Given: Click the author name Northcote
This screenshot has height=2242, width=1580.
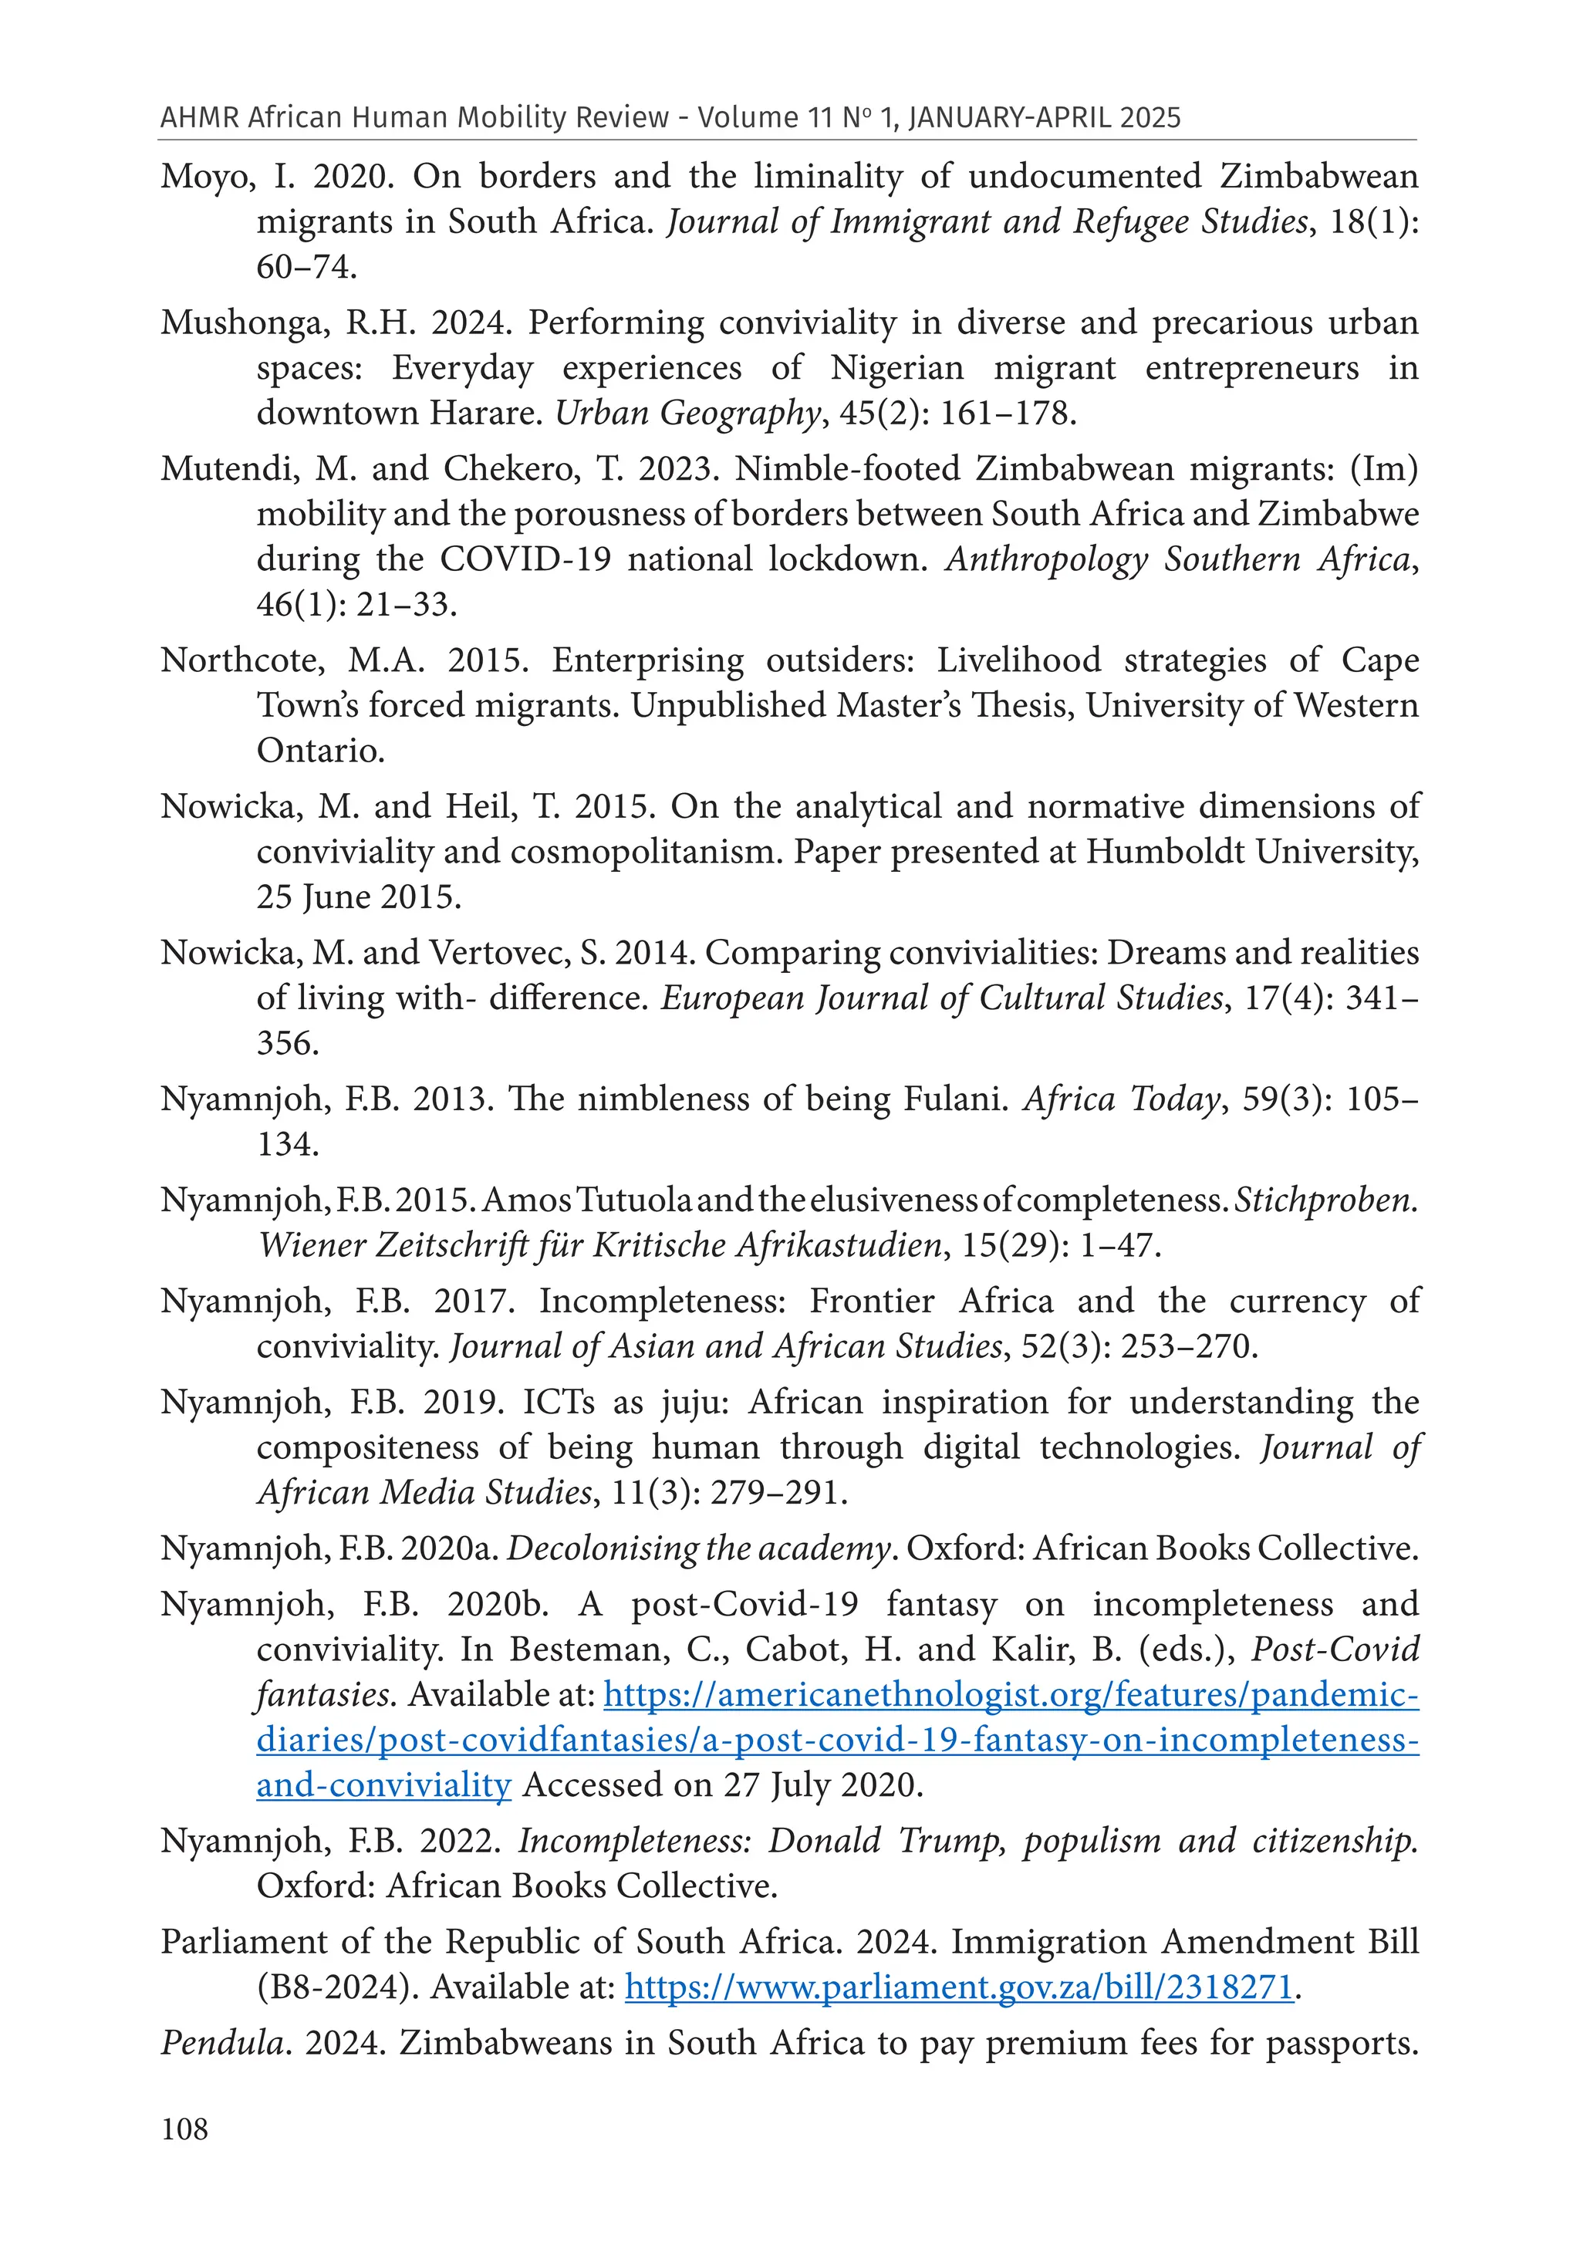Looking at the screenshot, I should pyautogui.click(x=243, y=661).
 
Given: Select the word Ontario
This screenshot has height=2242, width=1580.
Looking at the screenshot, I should pyautogui.click(x=319, y=751).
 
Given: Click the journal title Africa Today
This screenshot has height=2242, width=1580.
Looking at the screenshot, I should pyautogui.click(x=1121, y=1099).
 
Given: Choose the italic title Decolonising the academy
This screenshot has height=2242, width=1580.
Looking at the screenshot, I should pyautogui.click(x=699, y=1548).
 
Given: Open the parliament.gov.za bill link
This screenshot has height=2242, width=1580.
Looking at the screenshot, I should pyautogui.click(x=959, y=1987).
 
